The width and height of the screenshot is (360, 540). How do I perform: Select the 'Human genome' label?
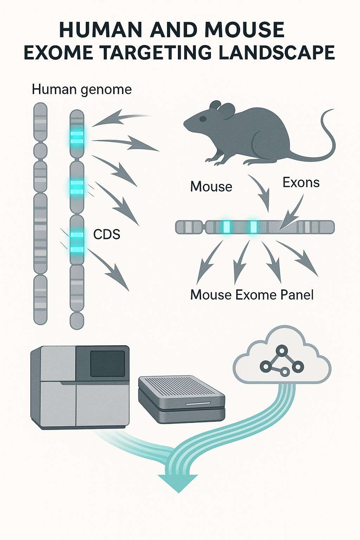(x=82, y=90)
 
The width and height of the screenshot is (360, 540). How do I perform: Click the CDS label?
(x=107, y=234)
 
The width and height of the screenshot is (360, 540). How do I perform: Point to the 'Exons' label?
(x=301, y=182)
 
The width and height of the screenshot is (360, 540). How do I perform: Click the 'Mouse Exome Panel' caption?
(x=252, y=295)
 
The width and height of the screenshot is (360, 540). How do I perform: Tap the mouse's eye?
(x=203, y=119)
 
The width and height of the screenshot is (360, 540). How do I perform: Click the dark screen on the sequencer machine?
(x=108, y=363)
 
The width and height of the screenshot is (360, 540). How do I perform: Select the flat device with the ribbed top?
(x=181, y=399)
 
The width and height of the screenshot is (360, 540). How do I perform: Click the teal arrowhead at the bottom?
(x=178, y=482)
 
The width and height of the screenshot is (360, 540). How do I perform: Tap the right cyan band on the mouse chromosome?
(x=253, y=227)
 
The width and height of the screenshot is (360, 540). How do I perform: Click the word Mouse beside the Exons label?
(x=211, y=187)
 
